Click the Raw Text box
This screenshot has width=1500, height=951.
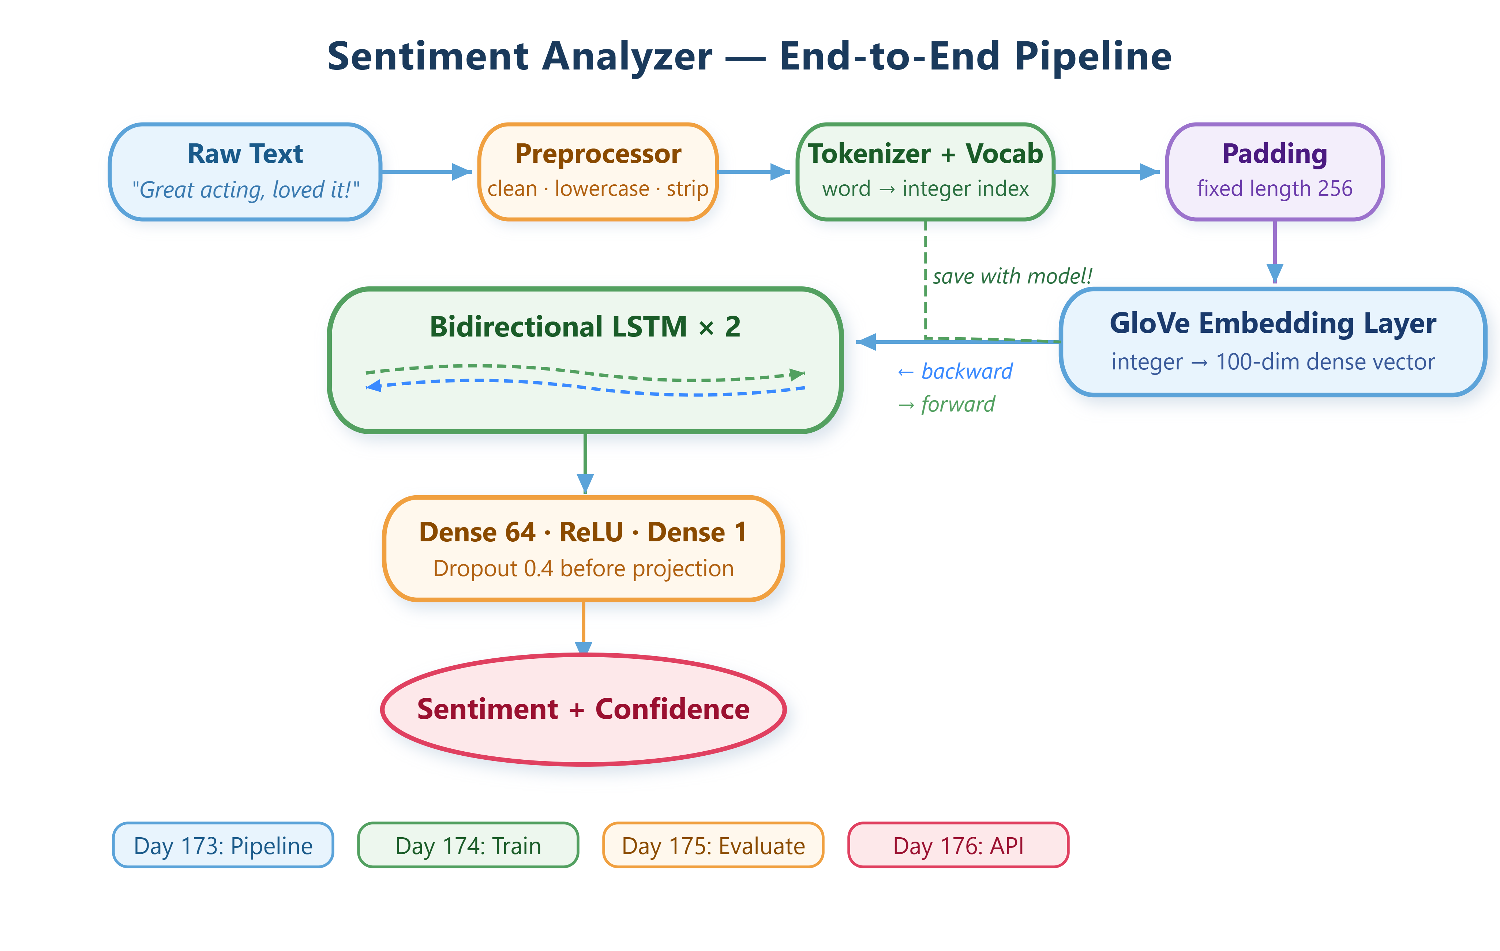coord(245,172)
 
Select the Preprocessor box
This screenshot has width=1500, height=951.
coord(598,172)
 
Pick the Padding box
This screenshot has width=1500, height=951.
coord(1275,172)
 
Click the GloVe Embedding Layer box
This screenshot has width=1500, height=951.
coord(1273,342)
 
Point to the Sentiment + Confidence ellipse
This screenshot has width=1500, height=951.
coord(583,709)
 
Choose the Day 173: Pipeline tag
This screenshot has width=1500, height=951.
coord(223,845)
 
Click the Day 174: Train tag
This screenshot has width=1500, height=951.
coord(468,845)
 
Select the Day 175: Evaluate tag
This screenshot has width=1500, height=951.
coord(713,845)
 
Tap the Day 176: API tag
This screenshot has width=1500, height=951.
coord(958,845)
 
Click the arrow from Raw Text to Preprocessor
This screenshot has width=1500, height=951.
coord(427,172)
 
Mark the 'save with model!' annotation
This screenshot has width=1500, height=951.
coord(1012,276)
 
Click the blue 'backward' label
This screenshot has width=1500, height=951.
coord(955,371)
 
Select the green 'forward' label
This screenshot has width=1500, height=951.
coord(946,404)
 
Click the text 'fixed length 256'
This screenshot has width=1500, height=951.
coord(1275,188)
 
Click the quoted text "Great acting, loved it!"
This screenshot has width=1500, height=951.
coord(245,189)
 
